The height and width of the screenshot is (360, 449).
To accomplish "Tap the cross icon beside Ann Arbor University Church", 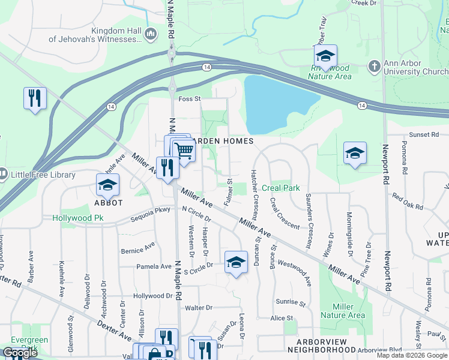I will point(374,65).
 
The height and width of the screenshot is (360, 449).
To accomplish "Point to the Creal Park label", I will point(281,188).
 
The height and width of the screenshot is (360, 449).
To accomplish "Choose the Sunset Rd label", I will point(420,134).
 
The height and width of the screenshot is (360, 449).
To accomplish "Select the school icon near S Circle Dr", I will point(236,262).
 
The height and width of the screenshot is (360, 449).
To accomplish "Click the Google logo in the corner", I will point(20,352).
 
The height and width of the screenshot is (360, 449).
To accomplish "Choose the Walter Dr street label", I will point(199,308).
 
